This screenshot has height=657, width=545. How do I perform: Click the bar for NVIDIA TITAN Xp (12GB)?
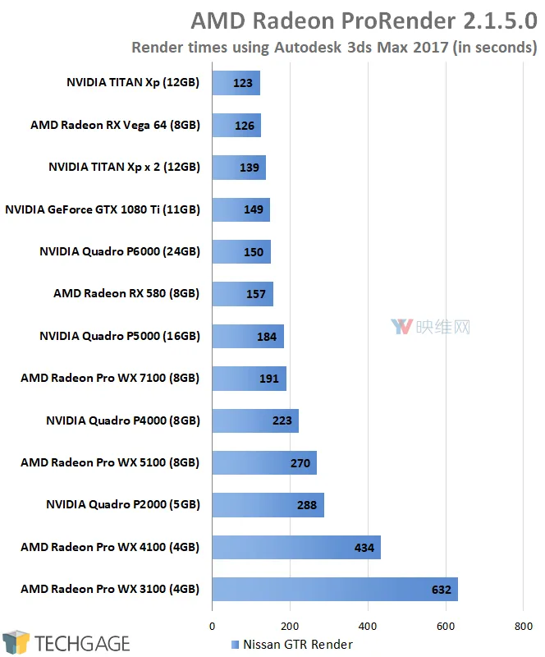pyautogui.click(x=236, y=83)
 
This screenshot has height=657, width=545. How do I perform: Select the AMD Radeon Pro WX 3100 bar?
pyautogui.click(x=335, y=589)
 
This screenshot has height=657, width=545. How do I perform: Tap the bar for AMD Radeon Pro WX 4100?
pyautogui.click(x=296, y=547)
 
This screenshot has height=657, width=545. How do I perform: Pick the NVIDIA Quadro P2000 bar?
pyautogui.click(x=268, y=505)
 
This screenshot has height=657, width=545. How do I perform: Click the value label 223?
pyautogui.click(x=282, y=420)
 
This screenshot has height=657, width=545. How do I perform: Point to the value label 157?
pyautogui.click(x=255, y=294)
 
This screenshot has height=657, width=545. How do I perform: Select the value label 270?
pyautogui.click(x=300, y=463)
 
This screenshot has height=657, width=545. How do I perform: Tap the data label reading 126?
pyautogui.click(x=245, y=126)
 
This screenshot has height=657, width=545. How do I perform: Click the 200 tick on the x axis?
pyautogui.click(x=290, y=627)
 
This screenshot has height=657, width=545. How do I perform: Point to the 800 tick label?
pyautogui.click(x=523, y=627)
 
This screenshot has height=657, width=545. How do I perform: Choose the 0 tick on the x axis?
pyautogui.click(x=212, y=627)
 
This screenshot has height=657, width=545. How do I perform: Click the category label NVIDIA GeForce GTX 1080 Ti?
pyautogui.click(x=103, y=209)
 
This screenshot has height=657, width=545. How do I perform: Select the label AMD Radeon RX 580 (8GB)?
pyautogui.click(x=126, y=293)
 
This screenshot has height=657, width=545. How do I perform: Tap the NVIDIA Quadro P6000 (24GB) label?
pyautogui.click(x=120, y=251)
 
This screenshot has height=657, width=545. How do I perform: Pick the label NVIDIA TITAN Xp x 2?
pyautogui.click(x=125, y=168)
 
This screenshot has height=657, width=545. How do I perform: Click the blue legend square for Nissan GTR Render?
pyautogui.click(x=235, y=645)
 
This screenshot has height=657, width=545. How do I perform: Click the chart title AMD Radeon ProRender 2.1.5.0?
pyautogui.click(x=364, y=21)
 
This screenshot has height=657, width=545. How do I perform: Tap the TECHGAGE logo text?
pyautogui.click(x=82, y=644)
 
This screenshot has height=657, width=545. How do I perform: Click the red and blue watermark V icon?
pyautogui.click(x=401, y=326)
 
